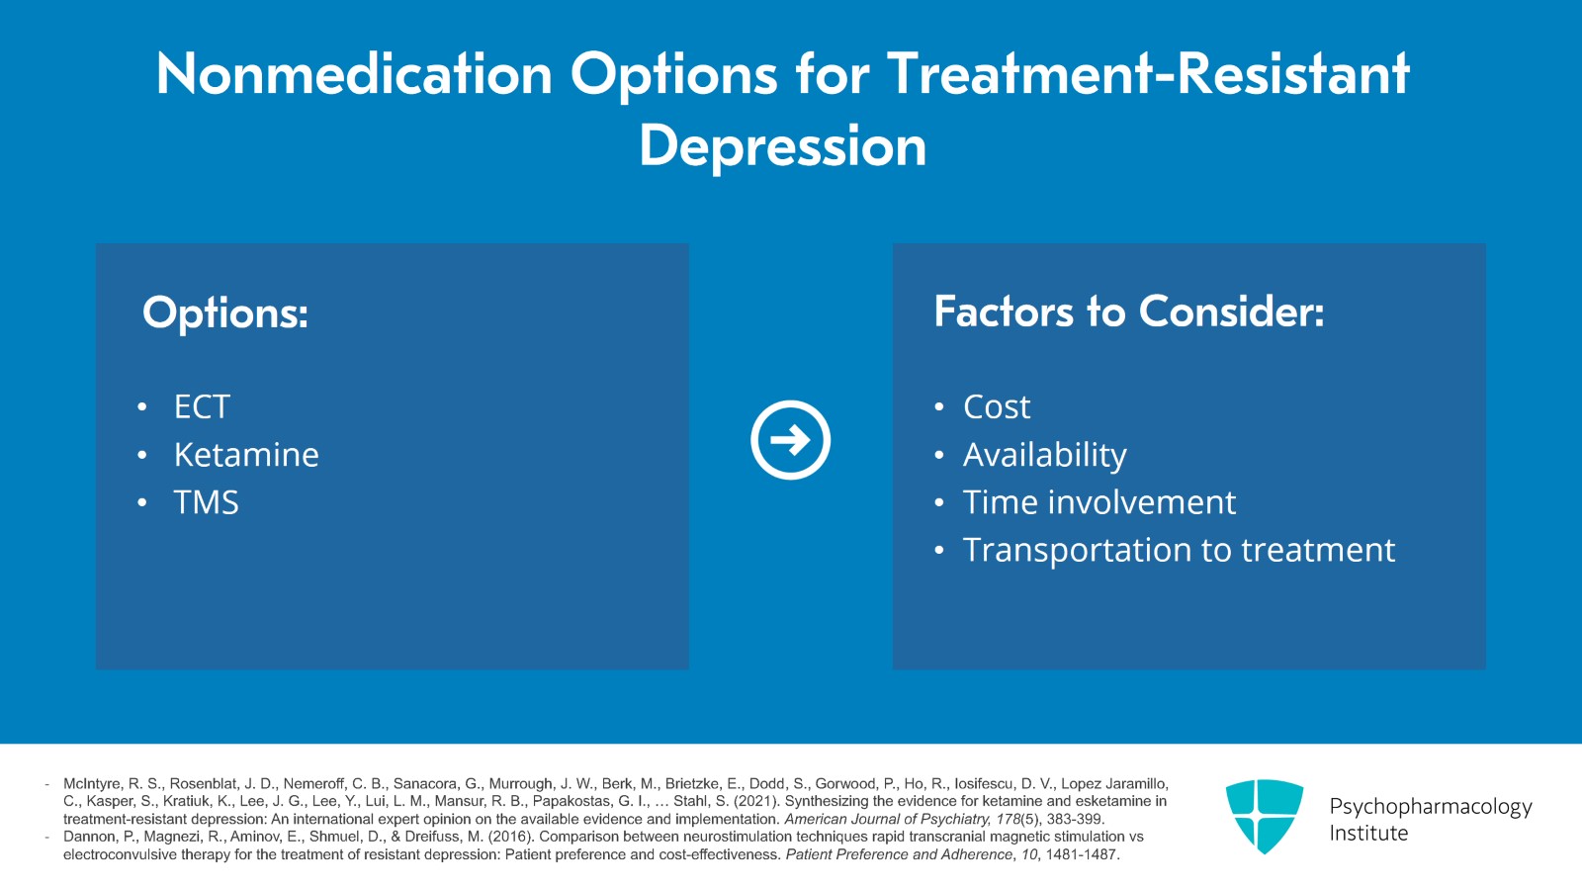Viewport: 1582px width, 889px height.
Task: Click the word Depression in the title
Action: point(782,146)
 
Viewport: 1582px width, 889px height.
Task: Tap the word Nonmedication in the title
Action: point(354,74)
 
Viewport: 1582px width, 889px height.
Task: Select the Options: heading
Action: point(225,312)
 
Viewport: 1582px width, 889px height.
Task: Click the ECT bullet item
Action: point(202,406)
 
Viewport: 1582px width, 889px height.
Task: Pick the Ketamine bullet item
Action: point(246,455)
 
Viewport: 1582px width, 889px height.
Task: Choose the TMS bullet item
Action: point(206,502)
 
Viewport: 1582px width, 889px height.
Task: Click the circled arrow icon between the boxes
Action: point(790,440)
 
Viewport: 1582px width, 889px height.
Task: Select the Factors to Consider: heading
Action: point(1128,311)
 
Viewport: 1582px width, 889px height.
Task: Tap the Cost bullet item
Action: point(997,406)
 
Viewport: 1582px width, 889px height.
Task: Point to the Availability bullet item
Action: point(1044,455)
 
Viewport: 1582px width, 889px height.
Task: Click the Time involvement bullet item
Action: point(1099,502)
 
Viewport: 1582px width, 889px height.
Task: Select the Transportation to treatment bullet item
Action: point(1179,550)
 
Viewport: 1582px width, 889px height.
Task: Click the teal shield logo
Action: point(1264,816)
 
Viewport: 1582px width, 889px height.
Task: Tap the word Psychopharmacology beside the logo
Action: point(1430,807)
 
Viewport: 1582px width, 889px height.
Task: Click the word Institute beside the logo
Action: point(1368,834)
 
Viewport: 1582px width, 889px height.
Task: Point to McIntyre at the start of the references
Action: point(92,783)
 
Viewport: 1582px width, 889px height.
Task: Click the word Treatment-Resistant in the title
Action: point(1147,74)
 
